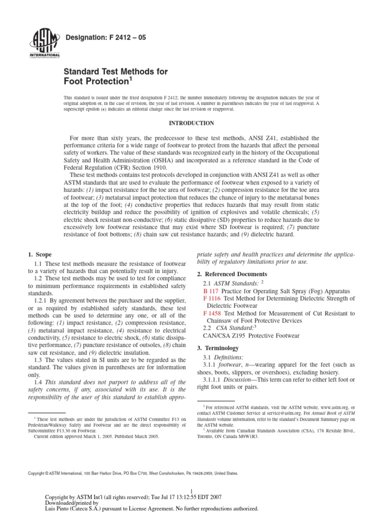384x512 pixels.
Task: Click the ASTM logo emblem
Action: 45,42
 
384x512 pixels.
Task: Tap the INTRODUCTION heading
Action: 192,123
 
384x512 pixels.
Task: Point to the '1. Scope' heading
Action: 39,254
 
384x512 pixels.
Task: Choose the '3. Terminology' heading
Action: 218,347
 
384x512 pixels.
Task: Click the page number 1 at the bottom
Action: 192,491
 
